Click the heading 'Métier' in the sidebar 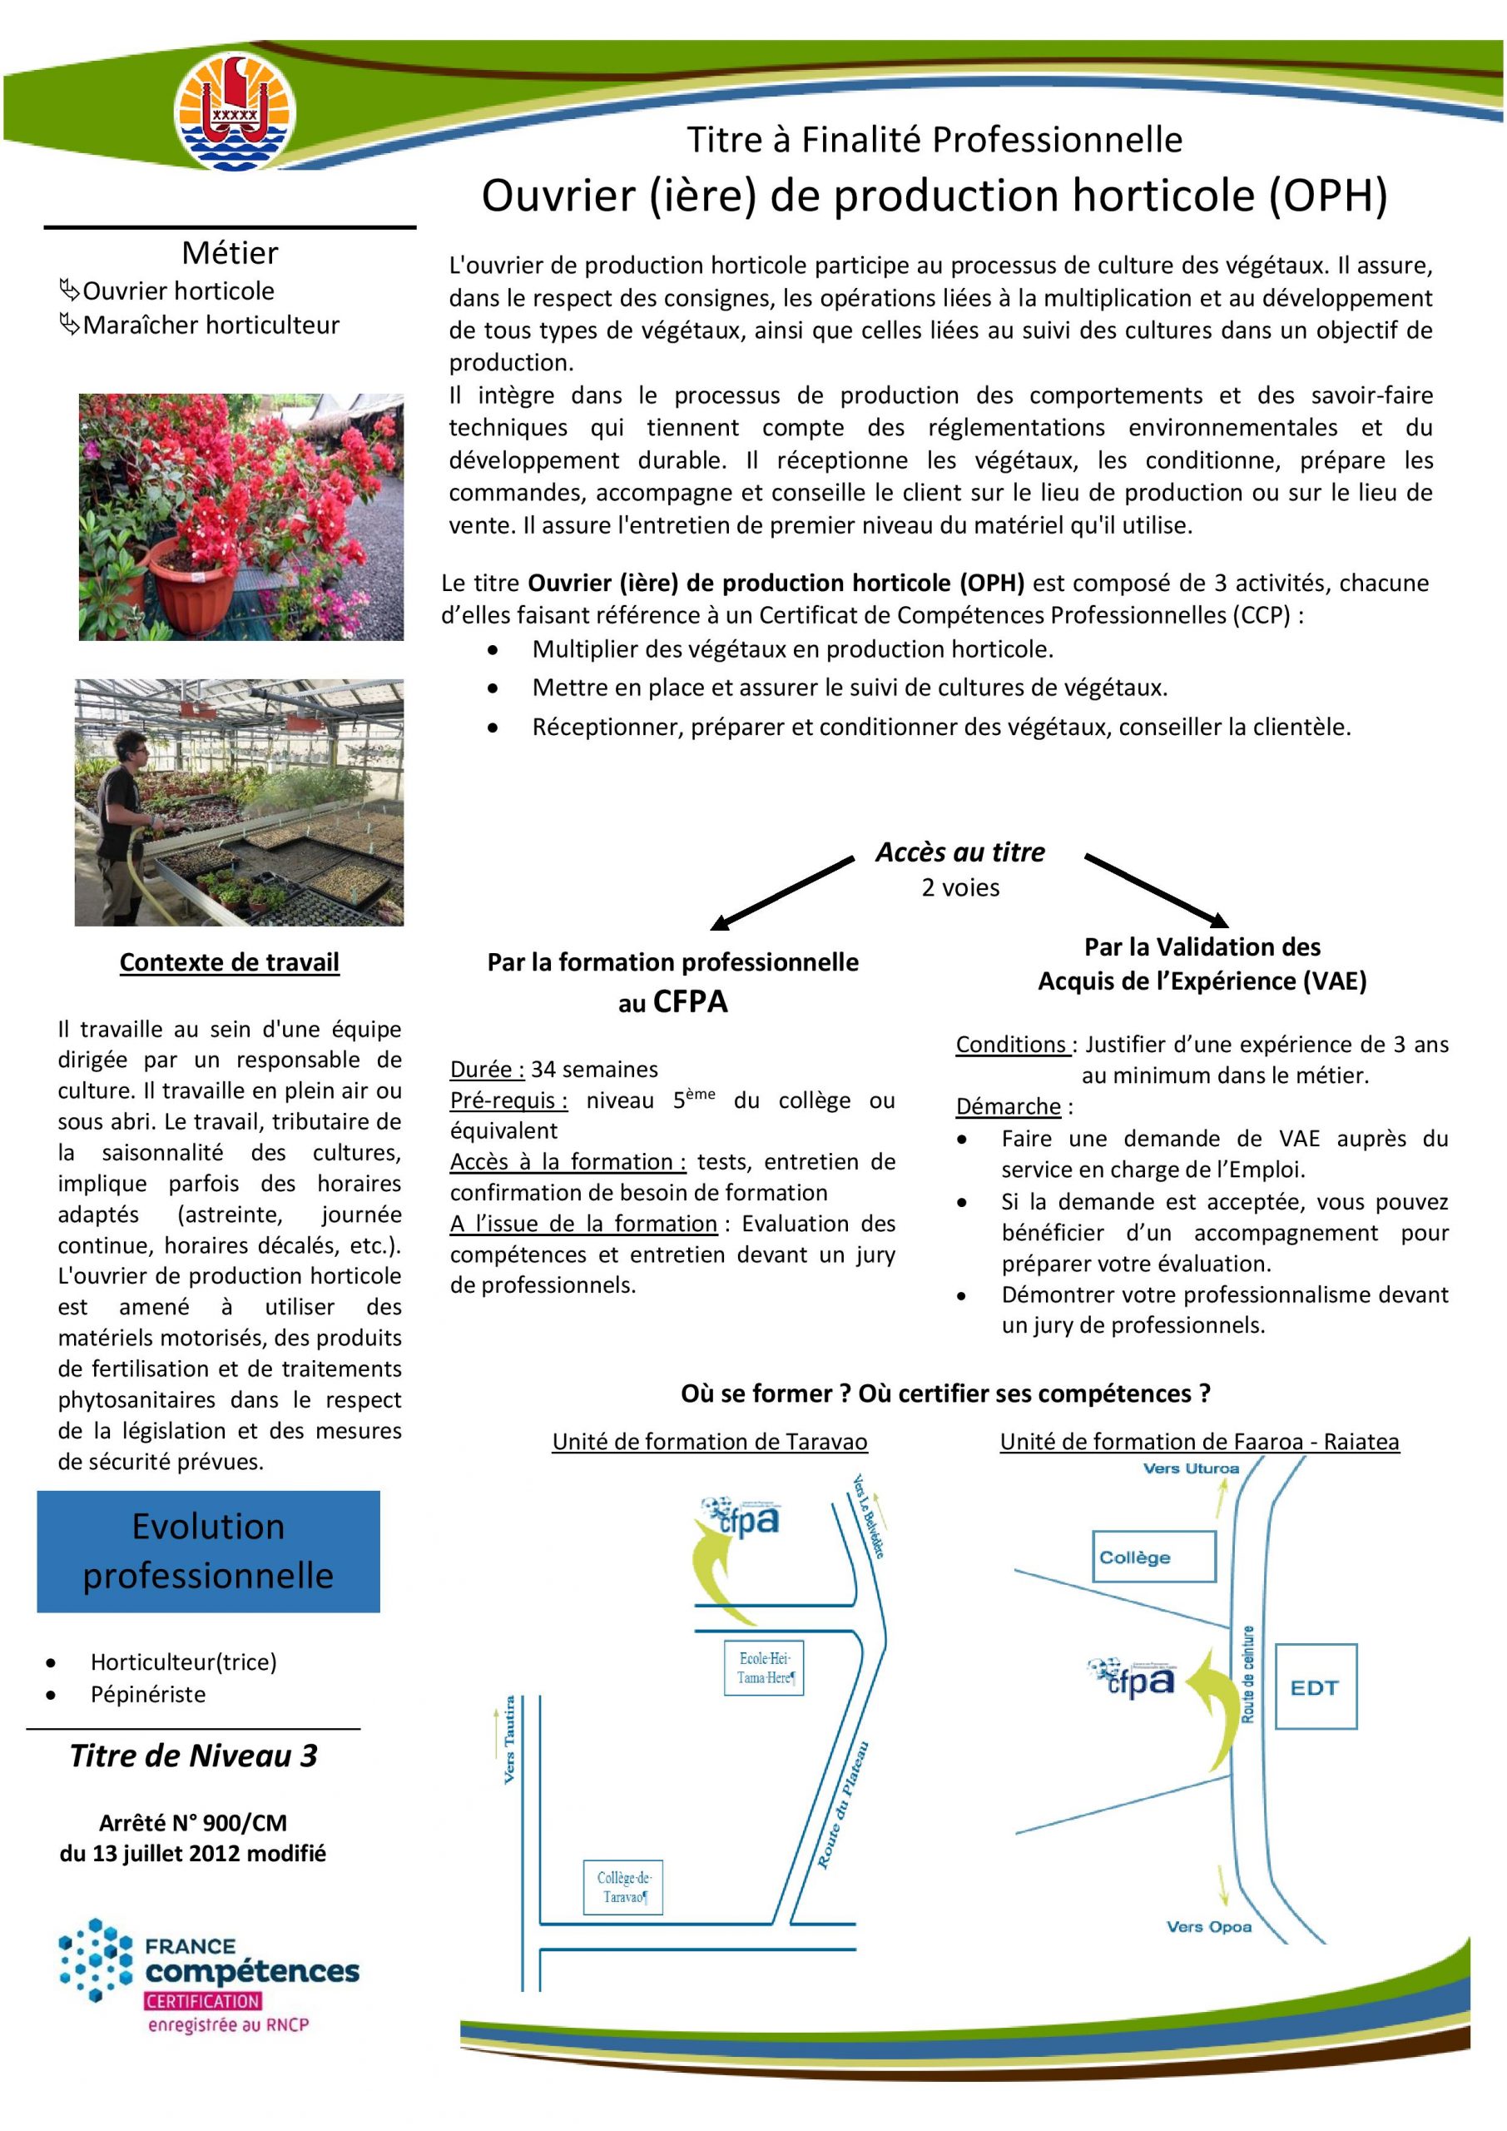click(229, 252)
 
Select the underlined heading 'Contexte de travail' click(229, 961)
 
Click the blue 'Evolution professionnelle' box click(208, 1551)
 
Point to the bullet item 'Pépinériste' click(147, 1694)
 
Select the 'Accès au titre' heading click(959, 852)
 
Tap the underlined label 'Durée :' click(487, 1069)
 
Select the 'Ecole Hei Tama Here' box click(764, 1668)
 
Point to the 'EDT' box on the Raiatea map click(1315, 1686)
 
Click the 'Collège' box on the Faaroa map click(1153, 1557)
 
